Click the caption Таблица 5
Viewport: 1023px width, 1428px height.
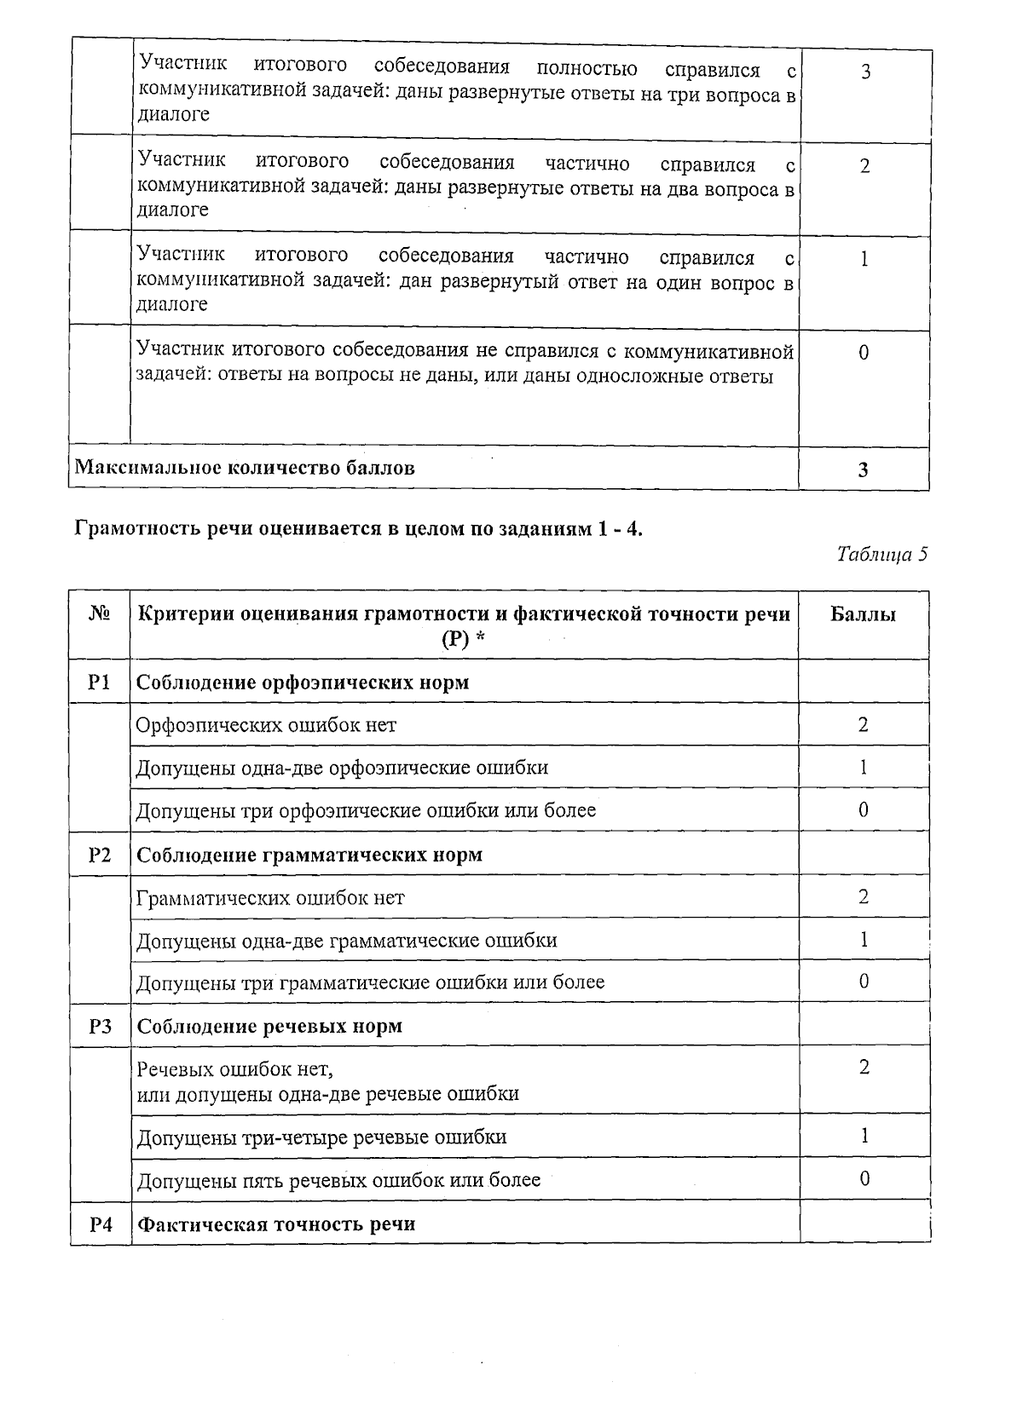coord(881,556)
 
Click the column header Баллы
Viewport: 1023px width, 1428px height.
coord(863,614)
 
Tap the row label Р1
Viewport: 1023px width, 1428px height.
coord(100,682)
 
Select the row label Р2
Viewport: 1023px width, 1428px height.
coord(100,855)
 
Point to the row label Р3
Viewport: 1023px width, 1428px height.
coord(100,1026)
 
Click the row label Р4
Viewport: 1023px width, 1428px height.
coord(100,1224)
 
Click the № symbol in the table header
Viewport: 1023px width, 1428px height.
coord(99,614)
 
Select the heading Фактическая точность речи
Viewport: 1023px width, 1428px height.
coord(276,1224)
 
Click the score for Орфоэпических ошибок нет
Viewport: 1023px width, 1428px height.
coord(864,725)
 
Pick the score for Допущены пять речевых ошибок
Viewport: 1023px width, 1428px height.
coord(864,1179)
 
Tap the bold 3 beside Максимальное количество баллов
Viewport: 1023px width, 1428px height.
coord(864,469)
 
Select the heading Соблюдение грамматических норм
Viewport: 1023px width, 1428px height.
coord(309,855)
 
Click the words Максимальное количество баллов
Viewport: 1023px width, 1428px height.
coord(245,467)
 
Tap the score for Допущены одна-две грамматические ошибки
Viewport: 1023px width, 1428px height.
coord(864,940)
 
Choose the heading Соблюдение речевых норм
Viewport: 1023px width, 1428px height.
coord(269,1026)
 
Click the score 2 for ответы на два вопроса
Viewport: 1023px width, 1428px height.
coord(864,166)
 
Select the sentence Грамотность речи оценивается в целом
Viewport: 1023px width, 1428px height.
coord(358,529)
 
